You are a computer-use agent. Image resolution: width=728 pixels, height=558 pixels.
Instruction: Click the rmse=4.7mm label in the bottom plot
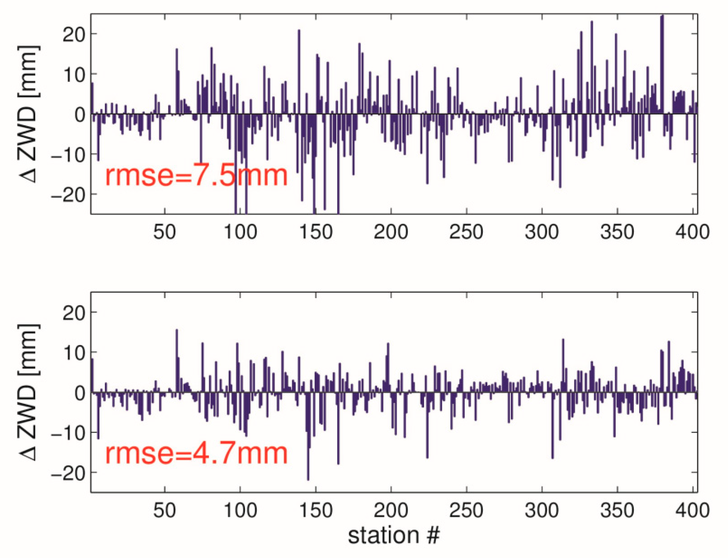[x=196, y=453]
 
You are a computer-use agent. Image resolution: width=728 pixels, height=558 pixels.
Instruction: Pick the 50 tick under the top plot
[x=164, y=232]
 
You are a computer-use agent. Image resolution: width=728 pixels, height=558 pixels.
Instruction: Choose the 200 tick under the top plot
[x=391, y=232]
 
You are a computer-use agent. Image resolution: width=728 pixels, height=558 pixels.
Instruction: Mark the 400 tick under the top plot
[x=693, y=232]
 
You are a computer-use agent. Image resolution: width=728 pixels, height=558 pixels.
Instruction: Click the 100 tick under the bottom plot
[x=240, y=510]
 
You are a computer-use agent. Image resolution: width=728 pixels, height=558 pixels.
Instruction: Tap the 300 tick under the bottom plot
[x=542, y=510]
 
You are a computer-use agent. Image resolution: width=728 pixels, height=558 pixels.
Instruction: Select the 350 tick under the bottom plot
[x=617, y=510]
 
